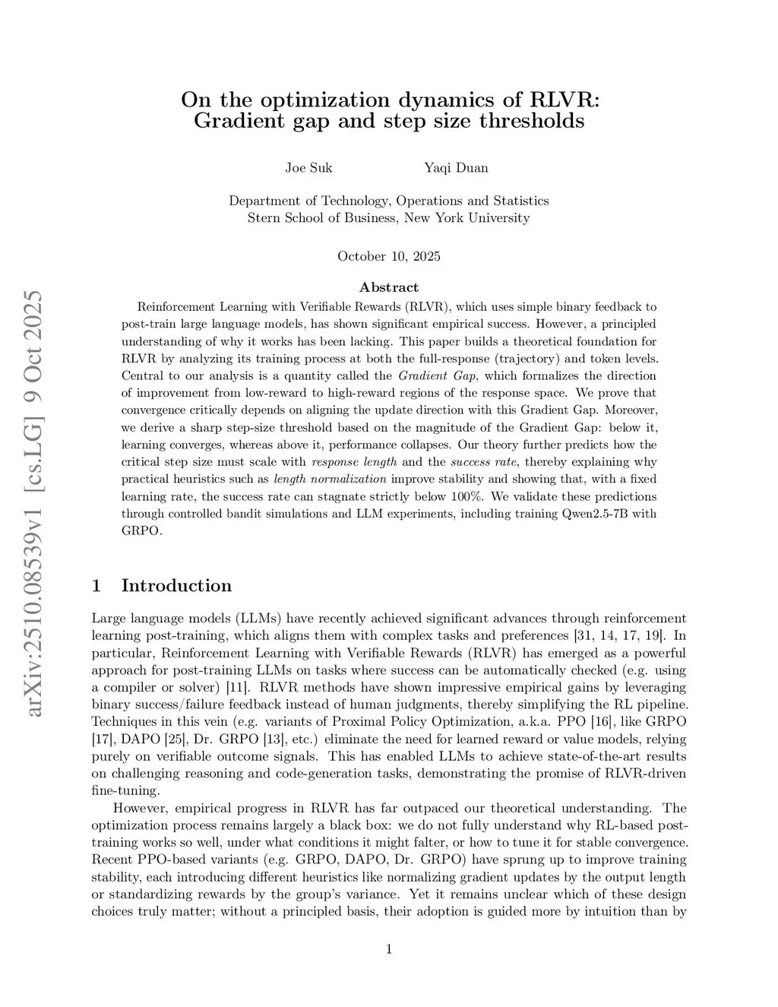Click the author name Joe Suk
tap(308, 167)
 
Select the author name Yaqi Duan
tap(456, 167)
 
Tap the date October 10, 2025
tap(388, 256)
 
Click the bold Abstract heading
tap(388, 287)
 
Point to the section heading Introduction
tap(176, 585)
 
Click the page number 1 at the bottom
tap(389, 948)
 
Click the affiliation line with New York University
tap(388, 218)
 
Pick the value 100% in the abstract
tap(473, 496)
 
